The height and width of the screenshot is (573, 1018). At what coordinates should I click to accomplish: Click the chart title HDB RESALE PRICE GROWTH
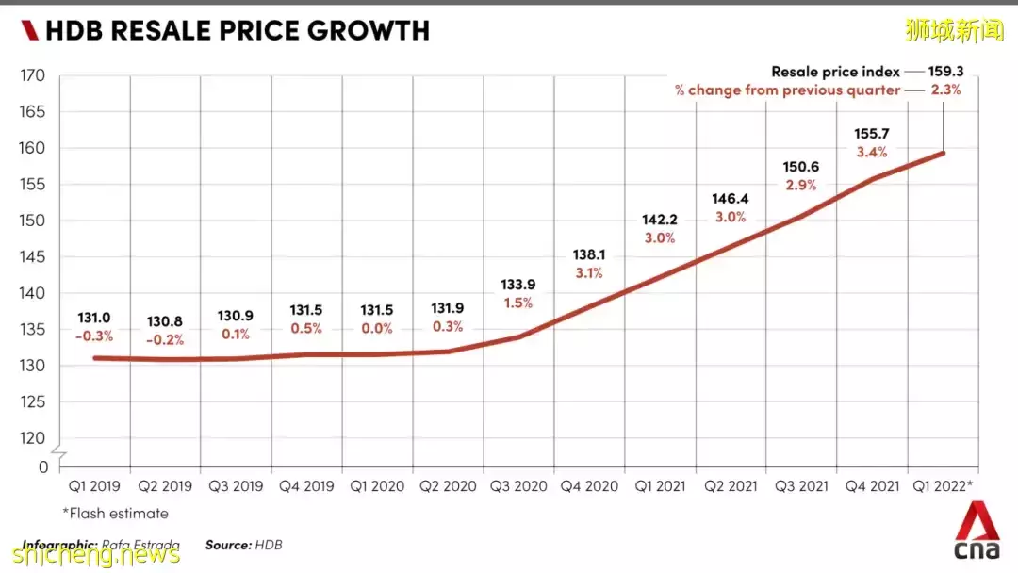pyautogui.click(x=237, y=30)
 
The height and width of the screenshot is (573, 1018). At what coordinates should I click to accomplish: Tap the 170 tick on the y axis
pyautogui.click(x=35, y=75)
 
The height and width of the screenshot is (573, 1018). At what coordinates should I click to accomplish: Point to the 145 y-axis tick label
pyautogui.click(x=35, y=256)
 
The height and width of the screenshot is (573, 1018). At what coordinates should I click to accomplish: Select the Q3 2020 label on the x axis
pyautogui.click(x=518, y=486)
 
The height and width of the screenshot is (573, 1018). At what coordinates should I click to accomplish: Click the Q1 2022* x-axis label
pyautogui.click(x=943, y=486)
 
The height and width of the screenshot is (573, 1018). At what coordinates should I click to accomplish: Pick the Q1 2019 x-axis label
pyautogui.click(x=94, y=486)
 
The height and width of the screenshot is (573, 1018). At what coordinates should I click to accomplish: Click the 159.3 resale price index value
pyautogui.click(x=946, y=71)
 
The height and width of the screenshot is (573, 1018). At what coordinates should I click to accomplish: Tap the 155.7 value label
pyautogui.click(x=871, y=134)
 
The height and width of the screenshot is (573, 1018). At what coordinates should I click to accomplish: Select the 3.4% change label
pyautogui.click(x=871, y=153)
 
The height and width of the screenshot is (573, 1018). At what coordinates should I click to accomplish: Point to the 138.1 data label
pyautogui.click(x=588, y=254)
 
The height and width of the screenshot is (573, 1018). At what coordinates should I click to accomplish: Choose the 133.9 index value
pyautogui.click(x=517, y=285)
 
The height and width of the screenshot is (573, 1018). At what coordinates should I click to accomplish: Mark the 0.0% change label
pyautogui.click(x=377, y=329)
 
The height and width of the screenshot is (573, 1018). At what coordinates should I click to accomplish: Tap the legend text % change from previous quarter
pyautogui.click(x=786, y=90)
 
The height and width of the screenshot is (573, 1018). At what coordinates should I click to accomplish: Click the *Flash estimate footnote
pyautogui.click(x=116, y=514)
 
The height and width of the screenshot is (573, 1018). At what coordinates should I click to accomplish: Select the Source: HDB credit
pyautogui.click(x=244, y=545)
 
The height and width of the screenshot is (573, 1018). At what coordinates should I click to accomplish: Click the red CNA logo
pyautogui.click(x=977, y=532)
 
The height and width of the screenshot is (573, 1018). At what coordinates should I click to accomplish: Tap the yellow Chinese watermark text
pyautogui.click(x=955, y=31)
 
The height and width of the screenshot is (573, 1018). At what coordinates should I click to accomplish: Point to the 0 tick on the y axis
pyautogui.click(x=43, y=467)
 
